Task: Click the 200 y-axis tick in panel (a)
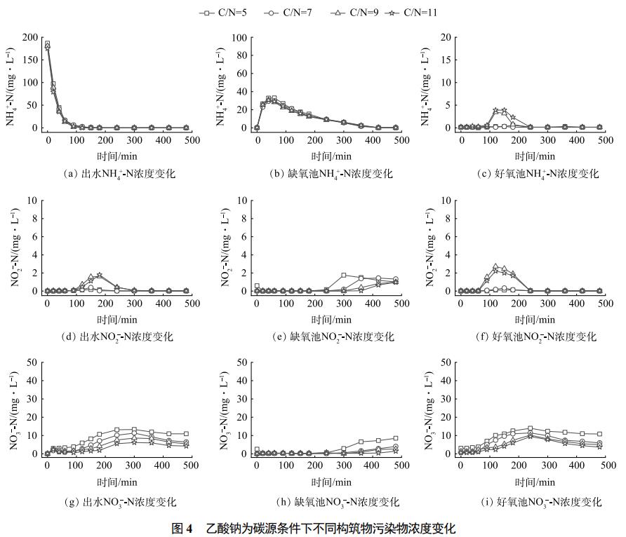pos(29,37)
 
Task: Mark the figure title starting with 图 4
pos(314,528)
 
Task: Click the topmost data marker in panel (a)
pos(47,43)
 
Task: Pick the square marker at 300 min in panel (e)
pos(343,276)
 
